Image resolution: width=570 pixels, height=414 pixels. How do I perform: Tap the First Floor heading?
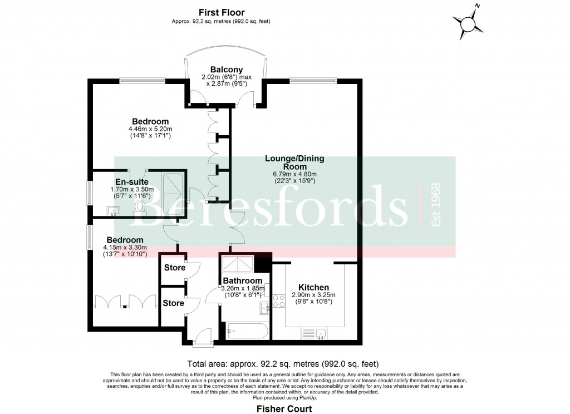click(222, 12)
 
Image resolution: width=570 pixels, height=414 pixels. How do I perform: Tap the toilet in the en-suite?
click(141, 206)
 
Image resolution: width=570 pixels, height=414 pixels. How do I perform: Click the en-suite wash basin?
click(113, 210)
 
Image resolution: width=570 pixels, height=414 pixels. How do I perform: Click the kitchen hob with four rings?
click(278, 300)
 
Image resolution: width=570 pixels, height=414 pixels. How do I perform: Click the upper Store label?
click(174, 268)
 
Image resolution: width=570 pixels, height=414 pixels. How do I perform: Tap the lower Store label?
click(173, 303)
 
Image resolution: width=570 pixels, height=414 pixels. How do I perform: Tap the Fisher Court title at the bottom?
click(284, 408)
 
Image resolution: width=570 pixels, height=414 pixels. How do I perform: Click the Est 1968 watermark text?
click(436, 205)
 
